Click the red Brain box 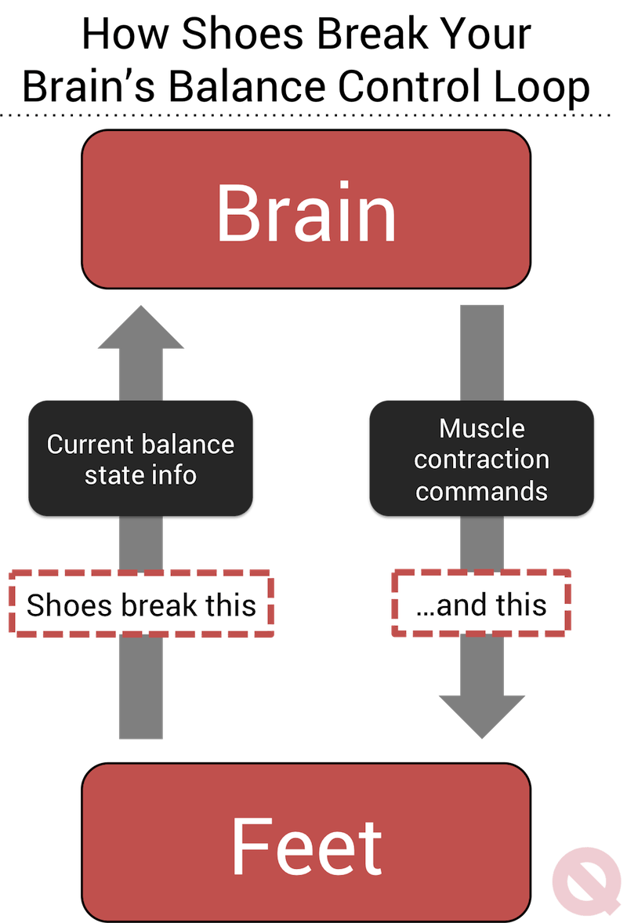coord(306,209)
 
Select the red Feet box coord(306,843)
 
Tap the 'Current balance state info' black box coord(140,459)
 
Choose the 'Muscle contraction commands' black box coord(481,459)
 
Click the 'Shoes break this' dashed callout coord(140,605)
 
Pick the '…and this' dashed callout coord(481,605)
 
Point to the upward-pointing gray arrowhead coord(141,329)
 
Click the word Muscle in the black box coord(481,428)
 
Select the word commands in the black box coord(481,491)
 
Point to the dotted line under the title coord(313,115)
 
